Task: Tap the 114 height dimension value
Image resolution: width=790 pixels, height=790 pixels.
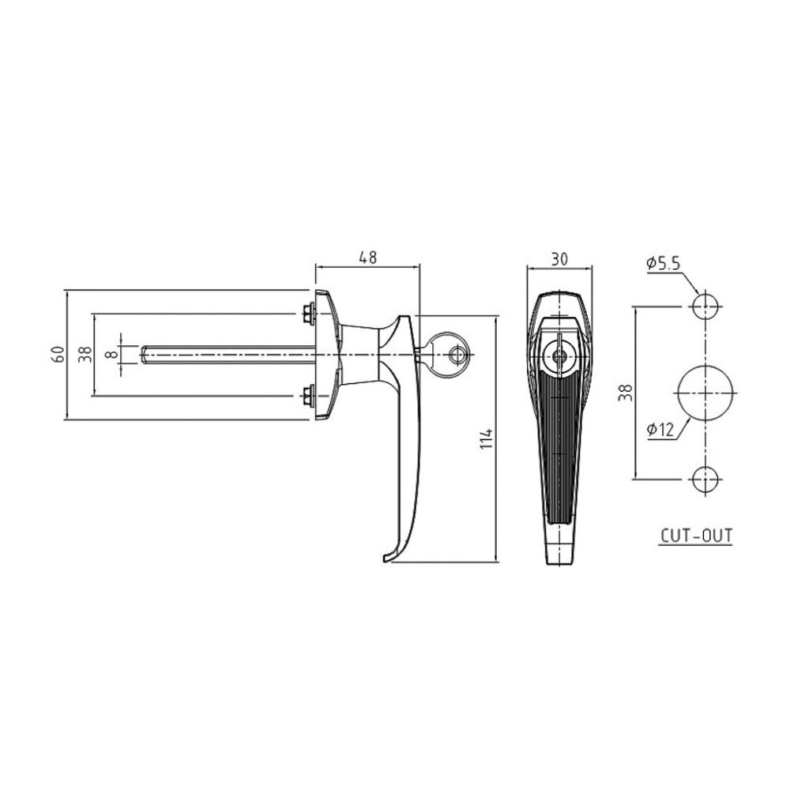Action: (x=486, y=438)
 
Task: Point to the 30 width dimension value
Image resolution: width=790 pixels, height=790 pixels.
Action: (x=559, y=259)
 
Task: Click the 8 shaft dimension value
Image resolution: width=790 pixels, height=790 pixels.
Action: (x=112, y=354)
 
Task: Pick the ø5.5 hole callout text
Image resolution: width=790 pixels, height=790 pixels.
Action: (x=663, y=263)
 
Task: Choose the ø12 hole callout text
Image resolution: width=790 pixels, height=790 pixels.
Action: (x=660, y=430)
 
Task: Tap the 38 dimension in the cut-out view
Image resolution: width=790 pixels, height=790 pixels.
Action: (x=625, y=393)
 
